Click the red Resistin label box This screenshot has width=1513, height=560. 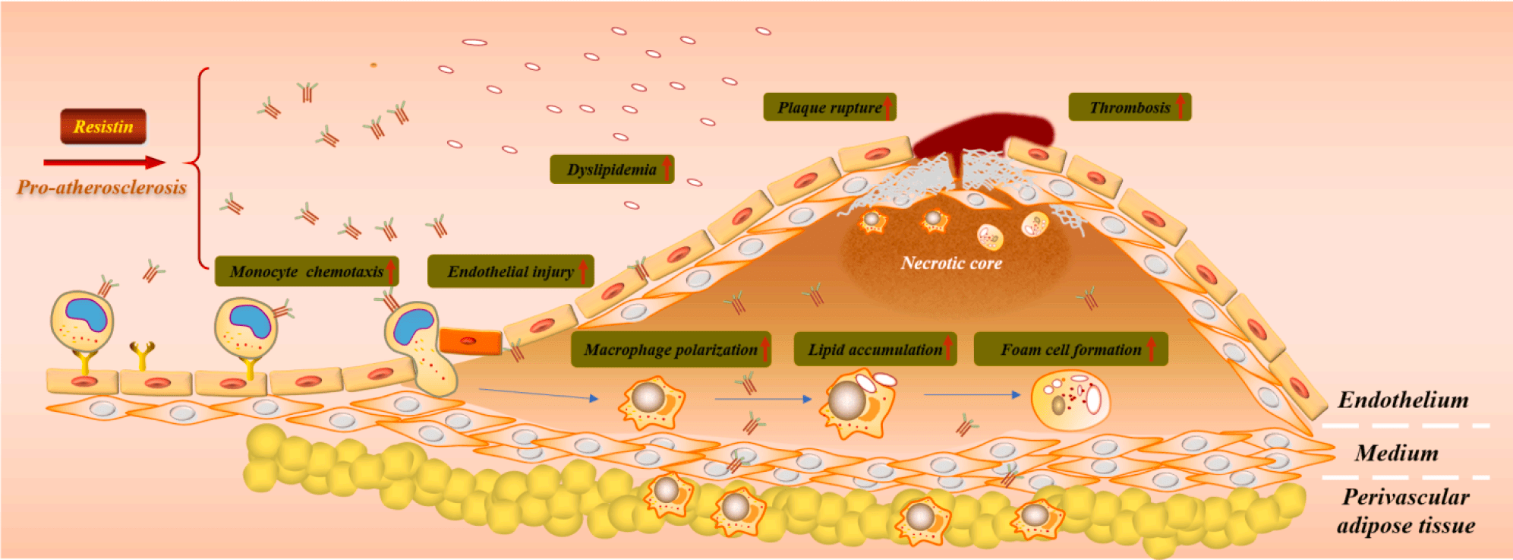(103, 126)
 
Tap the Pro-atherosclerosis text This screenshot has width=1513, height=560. (102, 187)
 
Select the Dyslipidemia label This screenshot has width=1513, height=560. (611, 169)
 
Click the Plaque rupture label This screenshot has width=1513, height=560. (829, 107)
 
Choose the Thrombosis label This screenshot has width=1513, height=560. (1130, 107)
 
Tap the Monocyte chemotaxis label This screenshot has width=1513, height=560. (306, 271)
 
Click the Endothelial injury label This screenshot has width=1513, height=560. (510, 271)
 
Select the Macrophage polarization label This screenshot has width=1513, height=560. (670, 350)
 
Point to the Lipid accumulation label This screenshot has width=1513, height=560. (875, 350)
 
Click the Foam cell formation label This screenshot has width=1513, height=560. (1070, 350)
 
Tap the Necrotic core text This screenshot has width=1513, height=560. (951, 263)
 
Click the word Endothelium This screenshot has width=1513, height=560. (1403, 400)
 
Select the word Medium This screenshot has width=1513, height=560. (1397, 453)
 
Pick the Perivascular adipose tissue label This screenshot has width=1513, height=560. (1406, 511)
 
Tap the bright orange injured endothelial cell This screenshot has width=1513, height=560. (470, 341)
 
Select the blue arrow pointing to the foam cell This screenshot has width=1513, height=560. (972, 394)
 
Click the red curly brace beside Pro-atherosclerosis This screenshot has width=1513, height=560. (199, 167)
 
